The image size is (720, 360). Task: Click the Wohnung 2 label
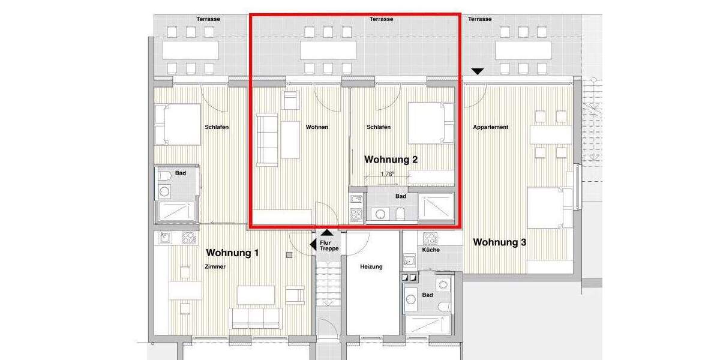coord(391,160)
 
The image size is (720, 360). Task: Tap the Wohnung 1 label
coord(232,253)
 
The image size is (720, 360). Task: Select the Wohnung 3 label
coord(500,242)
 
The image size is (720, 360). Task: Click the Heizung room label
coord(371,266)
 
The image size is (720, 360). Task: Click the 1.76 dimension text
coord(387,175)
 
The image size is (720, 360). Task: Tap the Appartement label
coord(490,127)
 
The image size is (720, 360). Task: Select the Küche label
coord(430,250)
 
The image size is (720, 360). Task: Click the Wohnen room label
coord(317,127)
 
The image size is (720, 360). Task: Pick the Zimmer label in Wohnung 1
coord(215,267)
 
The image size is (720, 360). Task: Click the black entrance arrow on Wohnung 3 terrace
coord(477,71)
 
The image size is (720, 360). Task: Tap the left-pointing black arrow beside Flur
coord(313,244)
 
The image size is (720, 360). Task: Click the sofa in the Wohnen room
coord(268,139)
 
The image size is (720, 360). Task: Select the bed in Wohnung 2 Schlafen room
coord(430,123)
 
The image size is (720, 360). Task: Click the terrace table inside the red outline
coord(328,50)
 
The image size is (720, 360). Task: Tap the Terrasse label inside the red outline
coord(381,19)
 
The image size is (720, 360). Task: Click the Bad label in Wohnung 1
coord(180,173)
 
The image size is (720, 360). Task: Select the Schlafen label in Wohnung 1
coord(217,127)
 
